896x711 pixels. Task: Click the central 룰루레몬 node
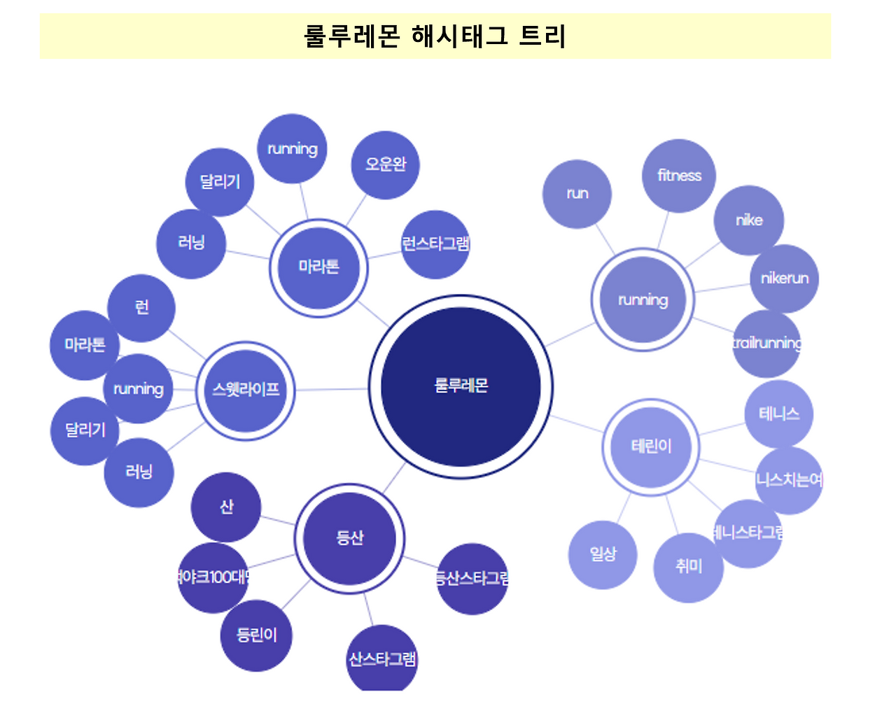[461, 386]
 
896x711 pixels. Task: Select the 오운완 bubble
[385, 165]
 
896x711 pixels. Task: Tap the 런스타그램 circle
[435, 244]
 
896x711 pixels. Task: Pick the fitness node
[679, 176]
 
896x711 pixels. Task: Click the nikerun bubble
[784, 279]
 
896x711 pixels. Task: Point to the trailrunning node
[766, 344]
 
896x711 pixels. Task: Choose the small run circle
[577, 194]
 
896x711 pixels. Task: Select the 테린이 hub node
[651, 446]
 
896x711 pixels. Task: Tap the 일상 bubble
[603, 555]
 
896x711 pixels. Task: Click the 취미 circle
[688, 567]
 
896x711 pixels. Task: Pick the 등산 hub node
[349, 537]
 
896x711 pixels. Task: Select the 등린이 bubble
[256, 635]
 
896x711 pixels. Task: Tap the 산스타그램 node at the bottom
[381, 659]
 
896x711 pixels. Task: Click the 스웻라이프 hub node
[246, 390]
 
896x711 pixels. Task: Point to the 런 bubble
[141, 308]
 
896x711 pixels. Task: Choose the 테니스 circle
[778, 414]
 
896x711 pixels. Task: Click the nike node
[748, 220]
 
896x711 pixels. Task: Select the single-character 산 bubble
[226, 507]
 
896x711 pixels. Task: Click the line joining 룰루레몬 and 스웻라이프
[332, 389]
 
